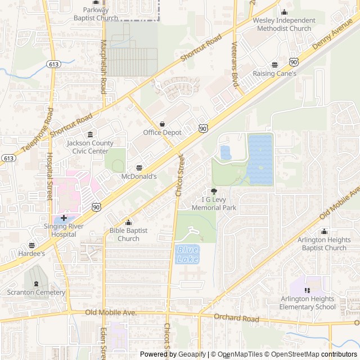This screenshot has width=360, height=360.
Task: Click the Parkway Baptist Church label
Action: pos(96,13)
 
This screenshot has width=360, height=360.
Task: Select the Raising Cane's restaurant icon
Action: pos(274,65)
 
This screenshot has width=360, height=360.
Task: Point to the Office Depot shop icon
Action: pos(162,124)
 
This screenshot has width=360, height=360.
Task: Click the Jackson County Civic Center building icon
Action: pos(91,134)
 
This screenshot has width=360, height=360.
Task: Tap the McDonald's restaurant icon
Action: pos(139,168)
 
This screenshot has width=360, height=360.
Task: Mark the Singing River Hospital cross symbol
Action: pos(64,218)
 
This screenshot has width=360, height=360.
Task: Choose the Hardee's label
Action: pos(31,254)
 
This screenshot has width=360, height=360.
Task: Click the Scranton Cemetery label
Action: pos(37,292)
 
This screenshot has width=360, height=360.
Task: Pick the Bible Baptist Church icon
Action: pos(128,223)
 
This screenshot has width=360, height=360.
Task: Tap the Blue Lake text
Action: pos(187,255)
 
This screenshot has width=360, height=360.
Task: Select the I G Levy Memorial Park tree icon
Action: pos(213,192)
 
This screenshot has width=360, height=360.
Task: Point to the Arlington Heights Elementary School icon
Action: pos(307,290)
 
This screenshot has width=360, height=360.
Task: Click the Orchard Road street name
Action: pos(237,318)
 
